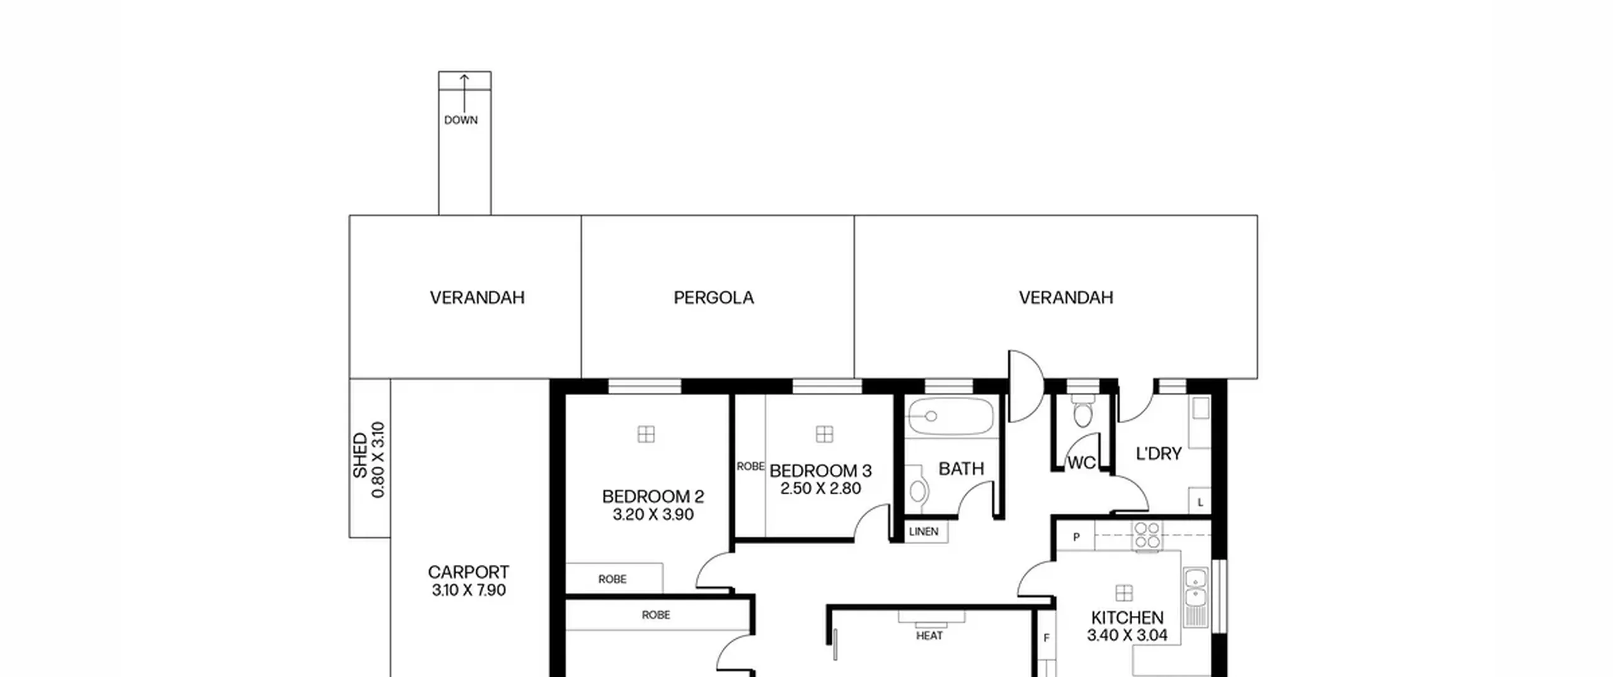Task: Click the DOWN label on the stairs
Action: click(461, 120)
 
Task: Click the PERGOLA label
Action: click(713, 297)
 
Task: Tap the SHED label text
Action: click(360, 455)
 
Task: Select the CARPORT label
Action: click(468, 572)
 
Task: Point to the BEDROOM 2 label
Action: click(653, 496)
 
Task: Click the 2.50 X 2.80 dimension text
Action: click(820, 489)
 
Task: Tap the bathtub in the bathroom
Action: click(950, 416)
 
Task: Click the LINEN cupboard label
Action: click(924, 532)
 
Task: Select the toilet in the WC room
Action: click(1082, 410)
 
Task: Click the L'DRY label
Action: click(1158, 454)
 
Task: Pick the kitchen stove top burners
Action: click(1147, 535)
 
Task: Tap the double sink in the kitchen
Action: click(1195, 588)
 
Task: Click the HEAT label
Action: click(929, 636)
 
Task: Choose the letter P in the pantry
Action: click(1076, 537)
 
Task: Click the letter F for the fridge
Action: click(1047, 638)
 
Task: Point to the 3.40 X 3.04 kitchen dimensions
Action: click(1127, 635)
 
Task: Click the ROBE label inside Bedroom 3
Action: click(750, 467)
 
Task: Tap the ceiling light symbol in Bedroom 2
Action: click(646, 434)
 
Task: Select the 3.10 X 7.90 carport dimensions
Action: click(469, 590)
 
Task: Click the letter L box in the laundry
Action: click(1200, 502)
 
